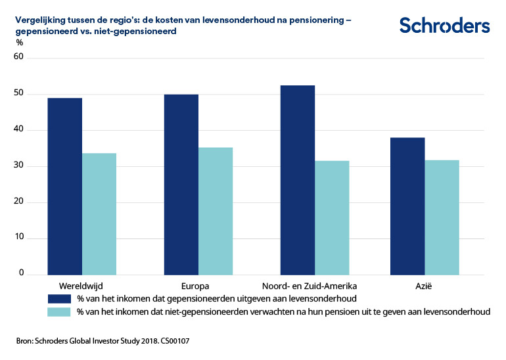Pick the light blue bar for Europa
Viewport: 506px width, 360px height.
(216, 211)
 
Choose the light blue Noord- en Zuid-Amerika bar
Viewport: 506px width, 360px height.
(332, 217)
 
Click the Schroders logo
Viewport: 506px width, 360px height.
(444, 26)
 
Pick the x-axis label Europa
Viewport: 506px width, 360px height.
(196, 286)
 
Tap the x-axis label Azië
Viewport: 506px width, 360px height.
(425, 286)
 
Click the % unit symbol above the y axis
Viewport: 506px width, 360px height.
(19, 43)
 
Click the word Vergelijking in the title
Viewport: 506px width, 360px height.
(39, 20)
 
